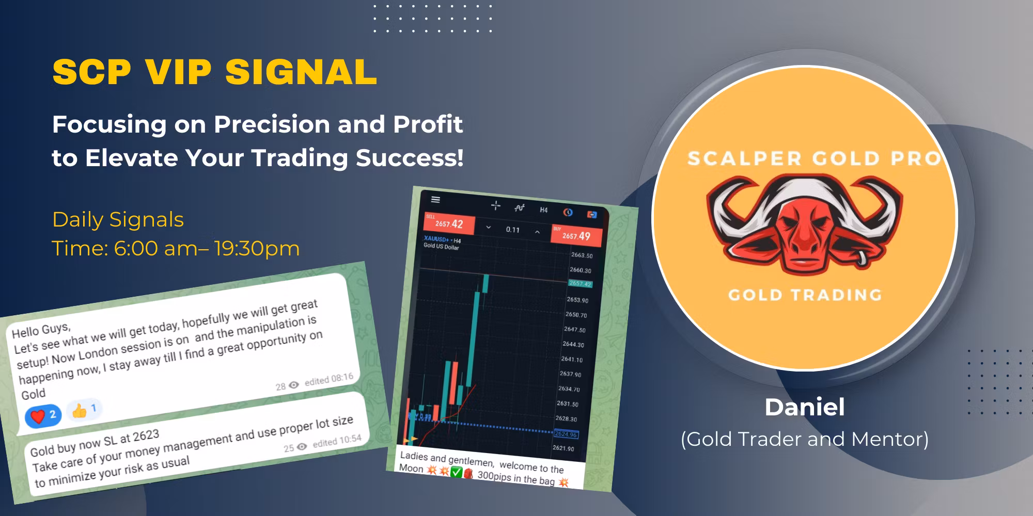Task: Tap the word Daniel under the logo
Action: (804, 407)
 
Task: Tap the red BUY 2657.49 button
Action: (576, 235)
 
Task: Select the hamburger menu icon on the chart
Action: (435, 200)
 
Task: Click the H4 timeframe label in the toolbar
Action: (543, 210)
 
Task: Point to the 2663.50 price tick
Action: (582, 255)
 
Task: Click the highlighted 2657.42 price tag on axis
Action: (580, 284)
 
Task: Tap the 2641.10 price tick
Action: (572, 360)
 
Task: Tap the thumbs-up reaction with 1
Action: (84, 410)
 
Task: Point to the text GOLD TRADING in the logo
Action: (804, 295)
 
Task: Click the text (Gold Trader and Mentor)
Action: (804, 439)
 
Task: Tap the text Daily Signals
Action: (118, 220)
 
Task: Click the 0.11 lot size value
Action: (512, 230)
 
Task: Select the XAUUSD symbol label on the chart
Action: (437, 239)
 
